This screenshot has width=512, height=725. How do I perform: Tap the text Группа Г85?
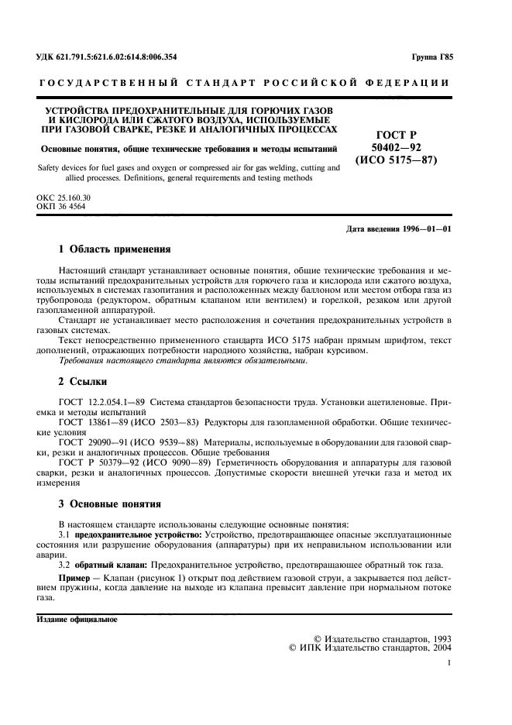click(x=432, y=57)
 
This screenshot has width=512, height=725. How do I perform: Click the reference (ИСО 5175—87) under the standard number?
click(x=396, y=161)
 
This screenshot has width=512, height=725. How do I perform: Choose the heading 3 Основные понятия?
click(x=109, y=503)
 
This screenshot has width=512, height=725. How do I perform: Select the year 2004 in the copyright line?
click(x=439, y=647)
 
